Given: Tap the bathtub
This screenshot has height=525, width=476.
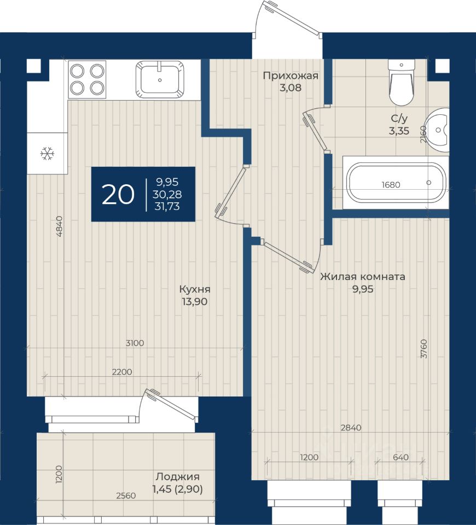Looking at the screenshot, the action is click(x=396, y=183).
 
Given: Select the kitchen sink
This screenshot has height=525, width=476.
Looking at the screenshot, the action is click(x=160, y=80).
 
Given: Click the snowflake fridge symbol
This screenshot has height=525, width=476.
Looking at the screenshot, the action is click(x=47, y=154).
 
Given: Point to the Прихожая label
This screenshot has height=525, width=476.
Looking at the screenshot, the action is click(x=291, y=75).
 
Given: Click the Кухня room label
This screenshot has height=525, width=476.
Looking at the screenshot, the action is click(x=195, y=289).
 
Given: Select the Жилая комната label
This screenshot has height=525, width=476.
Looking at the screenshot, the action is click(x=362, y=277).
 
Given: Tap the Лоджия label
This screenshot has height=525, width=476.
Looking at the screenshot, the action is click(x=177, y=476).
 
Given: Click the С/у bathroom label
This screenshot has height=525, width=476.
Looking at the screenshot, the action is click(x=399, y=119).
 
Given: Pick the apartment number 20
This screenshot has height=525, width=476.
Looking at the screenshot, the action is click(x=118, y=195).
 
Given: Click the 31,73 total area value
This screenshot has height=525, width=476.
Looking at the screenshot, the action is click(x=167, y=207).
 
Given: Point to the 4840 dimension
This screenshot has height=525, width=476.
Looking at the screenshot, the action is click(x=59, y=226).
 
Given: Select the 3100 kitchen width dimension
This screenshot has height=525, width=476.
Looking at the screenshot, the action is click(x=135, y=343).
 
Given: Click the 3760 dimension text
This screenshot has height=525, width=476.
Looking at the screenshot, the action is click(x=424, y=349).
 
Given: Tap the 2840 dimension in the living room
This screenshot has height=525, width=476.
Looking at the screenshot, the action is click(x=351, y=428).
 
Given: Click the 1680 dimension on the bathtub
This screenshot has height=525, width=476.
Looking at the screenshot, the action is click(x=391, y=184).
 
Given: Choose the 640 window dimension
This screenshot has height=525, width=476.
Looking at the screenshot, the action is click(x=400, y=457).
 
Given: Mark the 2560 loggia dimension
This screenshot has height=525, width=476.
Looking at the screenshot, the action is click(x=126, y=495).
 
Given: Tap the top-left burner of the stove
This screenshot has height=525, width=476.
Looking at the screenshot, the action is click(x=77, y=71).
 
